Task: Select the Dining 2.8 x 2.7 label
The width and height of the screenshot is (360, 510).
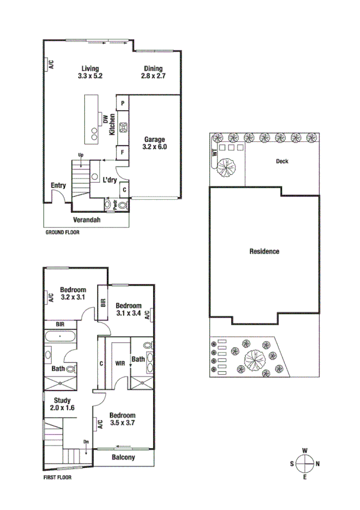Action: pyautogui.click(x=153, y=72)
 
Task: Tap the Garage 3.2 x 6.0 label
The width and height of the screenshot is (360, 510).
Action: pyautogui.click(x=154, y=143)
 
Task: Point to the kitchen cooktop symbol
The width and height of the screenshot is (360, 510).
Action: pyautogui.click(x=123, y=127)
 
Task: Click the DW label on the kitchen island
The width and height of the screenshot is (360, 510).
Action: pyautogui.click(x=105, y=120)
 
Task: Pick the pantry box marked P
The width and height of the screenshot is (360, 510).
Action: pyautogui.click(x=123, y=103)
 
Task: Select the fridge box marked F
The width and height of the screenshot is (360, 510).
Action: pyautogui.click(x=123, y=153)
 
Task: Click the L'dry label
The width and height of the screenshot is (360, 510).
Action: pyautogui.click(x=109, y=180)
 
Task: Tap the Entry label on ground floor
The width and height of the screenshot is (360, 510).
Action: pyautogui.click(x=58, y=185)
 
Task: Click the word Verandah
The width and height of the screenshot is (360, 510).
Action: pyautogui.click(x=87, y=221)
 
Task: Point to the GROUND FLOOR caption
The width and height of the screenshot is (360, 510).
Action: pyautogui.click(x=63, y=232)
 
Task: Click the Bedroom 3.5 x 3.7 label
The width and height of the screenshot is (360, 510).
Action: pyautogui.click(x=123, y=419)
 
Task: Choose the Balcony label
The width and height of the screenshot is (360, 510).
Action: pyautogui.click(x=123, y=458)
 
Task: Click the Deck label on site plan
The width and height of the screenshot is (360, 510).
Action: pyautogui.click(x=282, y=161)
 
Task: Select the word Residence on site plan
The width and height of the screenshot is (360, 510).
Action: pyautogui.click(x=264, y=251)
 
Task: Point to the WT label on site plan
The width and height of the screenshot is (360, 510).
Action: pyautogui.click(x=214, y=152)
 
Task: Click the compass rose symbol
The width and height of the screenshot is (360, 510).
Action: pyautogui.click(x=305, y=463)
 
